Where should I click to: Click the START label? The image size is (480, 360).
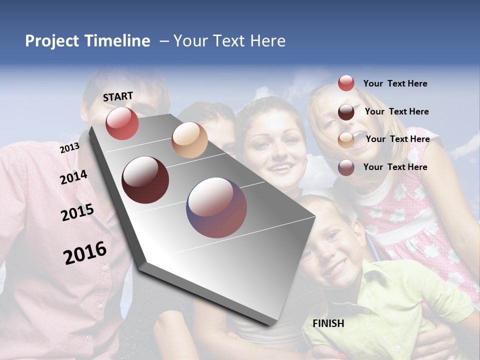(118, 96)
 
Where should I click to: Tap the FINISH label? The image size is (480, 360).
(328, 323)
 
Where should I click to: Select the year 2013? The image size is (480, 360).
(69, 147)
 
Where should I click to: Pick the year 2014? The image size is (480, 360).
(73, 177)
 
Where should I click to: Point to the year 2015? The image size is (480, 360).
(77, 212)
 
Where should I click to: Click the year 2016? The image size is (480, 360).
(85, 253)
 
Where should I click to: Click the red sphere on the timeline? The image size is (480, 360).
(122, 123)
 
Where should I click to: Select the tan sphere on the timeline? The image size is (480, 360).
(189, 140)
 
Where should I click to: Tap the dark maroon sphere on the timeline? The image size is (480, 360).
(145, 180)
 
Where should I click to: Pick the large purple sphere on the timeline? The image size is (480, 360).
(216, 207)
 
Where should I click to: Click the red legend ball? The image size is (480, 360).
(346, 83)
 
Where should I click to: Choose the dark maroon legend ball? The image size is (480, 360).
(346, 111)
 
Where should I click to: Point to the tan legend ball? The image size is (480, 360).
(346, 140)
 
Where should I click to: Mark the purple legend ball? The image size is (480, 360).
(346, 167)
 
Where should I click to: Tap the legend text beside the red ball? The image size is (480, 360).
(395, 83)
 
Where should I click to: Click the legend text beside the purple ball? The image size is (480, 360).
(395, 167)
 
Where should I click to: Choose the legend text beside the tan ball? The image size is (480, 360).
(397, 139)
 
